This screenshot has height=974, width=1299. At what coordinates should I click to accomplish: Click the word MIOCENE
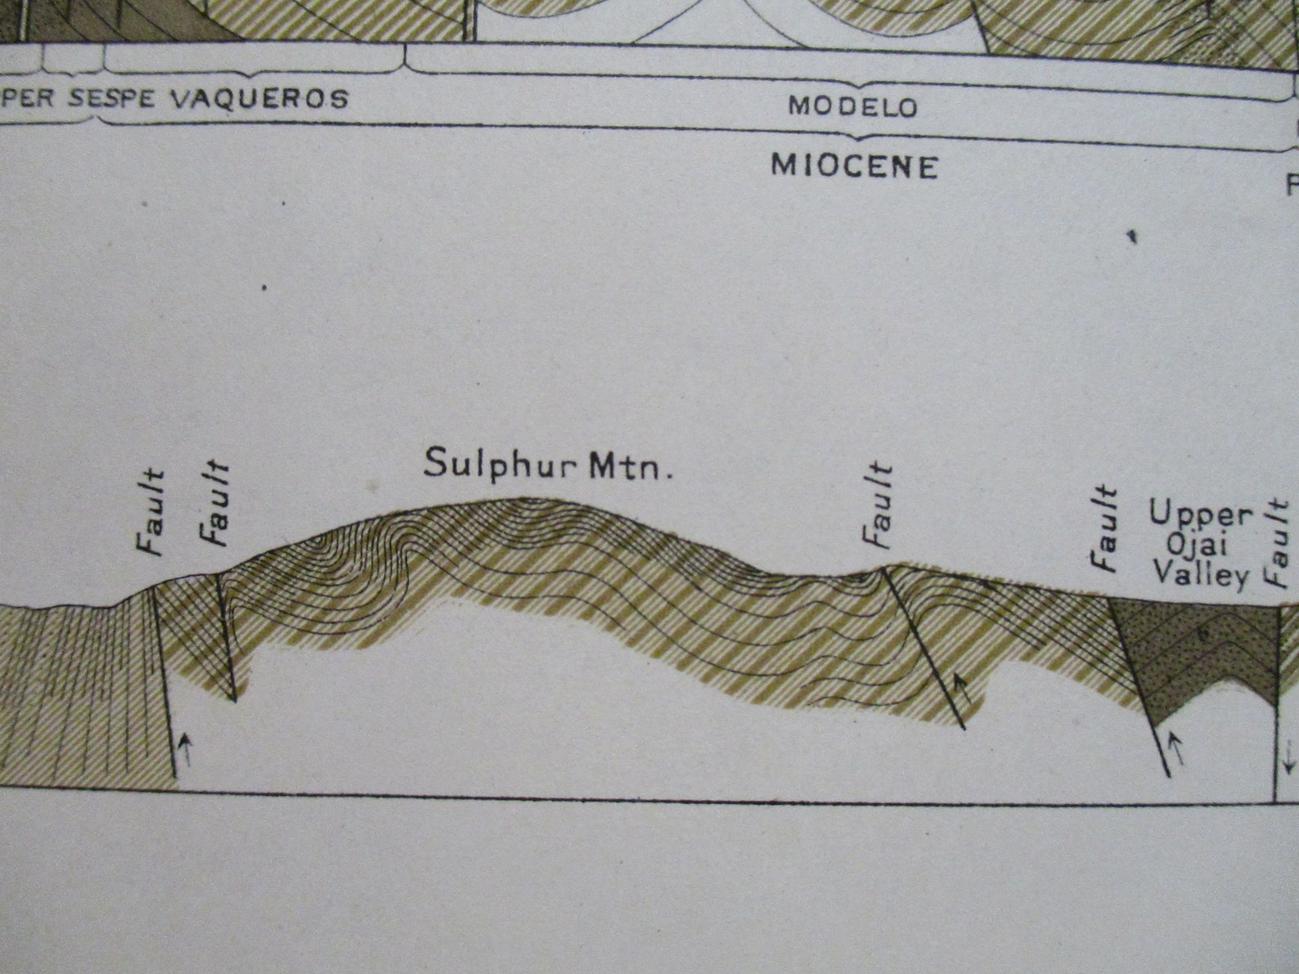point(854,166)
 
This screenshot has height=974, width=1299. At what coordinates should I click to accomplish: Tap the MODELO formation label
point(852,106)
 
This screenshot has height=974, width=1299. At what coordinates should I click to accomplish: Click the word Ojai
point(1200,545)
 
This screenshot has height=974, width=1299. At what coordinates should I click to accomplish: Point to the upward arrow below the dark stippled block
point(1177,747)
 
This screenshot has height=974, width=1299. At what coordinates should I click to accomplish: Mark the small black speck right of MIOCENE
point(1132,237)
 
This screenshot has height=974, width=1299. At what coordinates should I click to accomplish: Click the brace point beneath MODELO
point(854,135)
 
